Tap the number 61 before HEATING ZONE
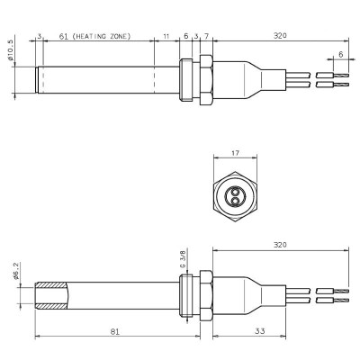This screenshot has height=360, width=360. pyautogui.click(x=64, y=36)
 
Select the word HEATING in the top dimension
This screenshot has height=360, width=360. pyautogui.click(x=94, y=36)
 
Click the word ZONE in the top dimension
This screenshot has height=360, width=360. pyautogui.click(x=121, y=36)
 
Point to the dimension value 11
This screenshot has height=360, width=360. pyautogui.click(x=166, y=36)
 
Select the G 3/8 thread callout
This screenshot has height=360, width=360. pyautogui.click(x=184, y=260)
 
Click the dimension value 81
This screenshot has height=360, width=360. pyautogui.click(x=115, y=332)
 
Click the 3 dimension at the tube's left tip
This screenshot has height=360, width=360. pyautogui.click(x=40, y=36)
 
